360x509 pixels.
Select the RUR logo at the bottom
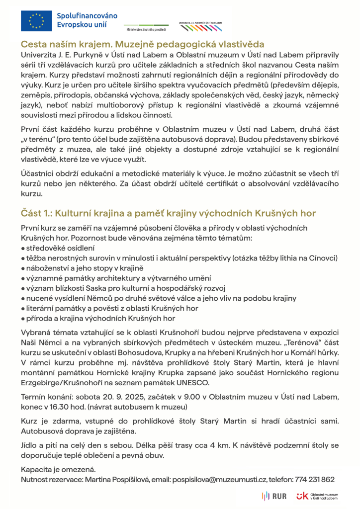click(x=273, y=496)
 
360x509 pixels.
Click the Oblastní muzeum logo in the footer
click(x=317, y=496)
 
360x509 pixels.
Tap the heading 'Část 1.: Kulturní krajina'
click(x=169, y=213)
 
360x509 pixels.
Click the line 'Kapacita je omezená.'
click(x=58, y=469)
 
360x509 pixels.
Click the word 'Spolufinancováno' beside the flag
click(x=88, y=15)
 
